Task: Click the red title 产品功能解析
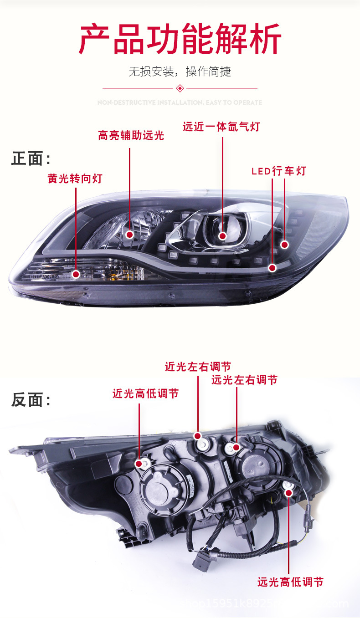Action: click(180, 40)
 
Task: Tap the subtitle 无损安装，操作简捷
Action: click(180, 72)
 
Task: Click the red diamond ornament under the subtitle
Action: click(180, 88)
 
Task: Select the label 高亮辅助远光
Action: click(131, 135)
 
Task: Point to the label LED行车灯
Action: click(279, 171)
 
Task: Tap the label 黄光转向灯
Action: click(75, 179)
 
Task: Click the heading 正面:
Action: click(31, 159)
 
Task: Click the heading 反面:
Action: click(31, 400)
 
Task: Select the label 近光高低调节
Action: click(145, 394)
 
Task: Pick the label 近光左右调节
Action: click(198, 367)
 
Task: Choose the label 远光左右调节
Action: click(244, 380)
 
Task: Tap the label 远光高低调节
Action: click(290, 582)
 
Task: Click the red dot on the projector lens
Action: click(222, 236)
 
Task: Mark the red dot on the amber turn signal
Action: click(76, 274)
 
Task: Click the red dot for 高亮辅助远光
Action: click(129, 235)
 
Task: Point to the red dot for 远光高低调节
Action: click(288, 493)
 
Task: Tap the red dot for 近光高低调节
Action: click(139, 464)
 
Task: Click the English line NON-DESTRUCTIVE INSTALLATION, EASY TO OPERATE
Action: click(180, 102)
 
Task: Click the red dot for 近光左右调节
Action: click(198, 436)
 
